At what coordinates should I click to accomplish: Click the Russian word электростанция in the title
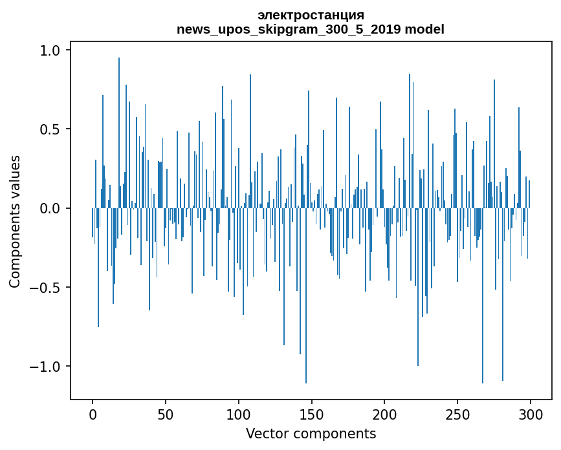tap(311, 15)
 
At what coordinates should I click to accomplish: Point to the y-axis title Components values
tap(15, 221)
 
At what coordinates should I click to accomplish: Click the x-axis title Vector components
tap(311, 433)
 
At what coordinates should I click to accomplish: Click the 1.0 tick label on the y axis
tap(50, 50)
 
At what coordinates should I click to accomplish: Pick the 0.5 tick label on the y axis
tap(50, 129)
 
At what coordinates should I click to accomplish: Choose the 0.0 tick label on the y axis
tap(50, 208)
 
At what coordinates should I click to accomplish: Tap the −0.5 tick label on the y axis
tap(45, 288)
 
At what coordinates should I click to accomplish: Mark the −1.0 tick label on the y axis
tap(45, 367)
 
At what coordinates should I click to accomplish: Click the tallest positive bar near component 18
tap(119, 129)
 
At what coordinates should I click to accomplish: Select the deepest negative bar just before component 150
tap(306, 297)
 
